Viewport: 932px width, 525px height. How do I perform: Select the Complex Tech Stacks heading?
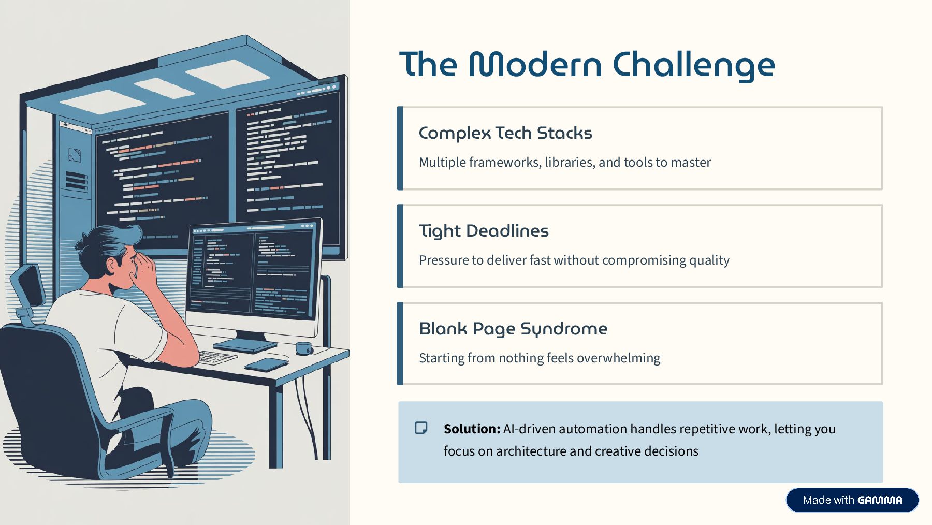(x=505, y=133)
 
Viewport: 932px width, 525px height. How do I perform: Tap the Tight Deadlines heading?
(x=483, y=231)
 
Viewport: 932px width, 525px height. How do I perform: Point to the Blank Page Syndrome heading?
(x=513, y=329)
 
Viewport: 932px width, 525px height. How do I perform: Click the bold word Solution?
(x=471, y=429)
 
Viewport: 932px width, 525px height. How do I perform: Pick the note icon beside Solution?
(x=421, y=428)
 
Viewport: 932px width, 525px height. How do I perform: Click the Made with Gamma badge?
(x=852, y=500)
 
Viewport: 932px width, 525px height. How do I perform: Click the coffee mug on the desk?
(x=303, y=348)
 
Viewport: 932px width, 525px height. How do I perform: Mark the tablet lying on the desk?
(x=266, y=364)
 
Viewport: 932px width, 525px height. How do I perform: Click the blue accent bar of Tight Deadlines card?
(x=400, y=246)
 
